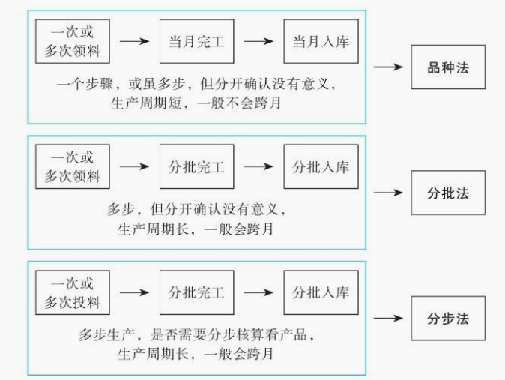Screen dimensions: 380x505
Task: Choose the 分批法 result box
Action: coord(447,192)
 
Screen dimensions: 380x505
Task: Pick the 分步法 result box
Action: coord(447,318)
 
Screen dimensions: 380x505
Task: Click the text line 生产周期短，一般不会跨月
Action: coord(196,103)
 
